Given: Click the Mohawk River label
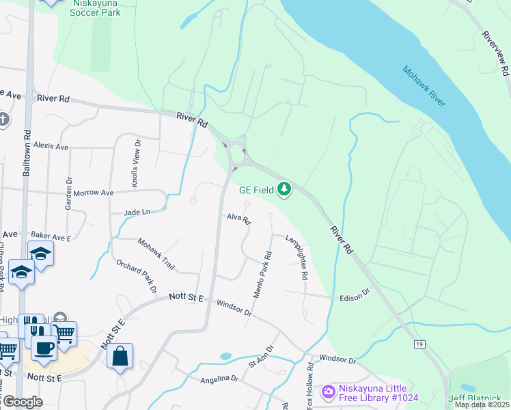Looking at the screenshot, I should point(424,86).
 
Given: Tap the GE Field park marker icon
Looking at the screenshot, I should point(284,189).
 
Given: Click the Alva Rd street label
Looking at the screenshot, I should point(239,219).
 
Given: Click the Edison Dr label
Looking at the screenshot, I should point(355,295).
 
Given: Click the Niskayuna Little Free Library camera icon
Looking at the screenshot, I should point(329,391).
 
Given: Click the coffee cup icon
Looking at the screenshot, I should point(44,347).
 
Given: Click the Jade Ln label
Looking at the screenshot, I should point(137,213).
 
